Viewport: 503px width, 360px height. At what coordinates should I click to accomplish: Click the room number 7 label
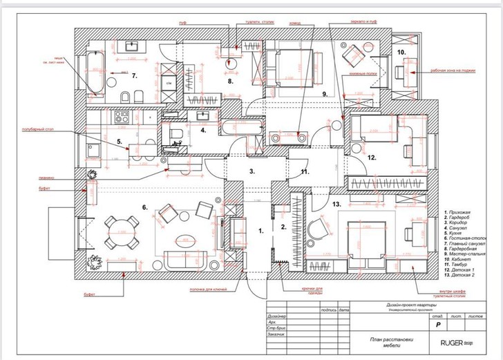[x=135, y=75]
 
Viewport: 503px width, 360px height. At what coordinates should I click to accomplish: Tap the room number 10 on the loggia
[x=401, y=53]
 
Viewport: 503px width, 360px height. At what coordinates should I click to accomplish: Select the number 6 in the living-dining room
[x=145, y=207]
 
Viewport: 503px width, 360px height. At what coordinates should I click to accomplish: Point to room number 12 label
[x=372, y=158]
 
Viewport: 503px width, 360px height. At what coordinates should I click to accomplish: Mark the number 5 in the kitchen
[x=119, y=142]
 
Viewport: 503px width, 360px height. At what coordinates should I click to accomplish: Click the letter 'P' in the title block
[x=437, y=323]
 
